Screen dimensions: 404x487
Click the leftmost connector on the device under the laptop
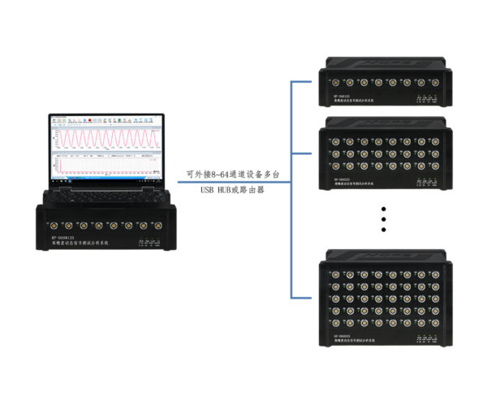52,225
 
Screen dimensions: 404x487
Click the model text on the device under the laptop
65,239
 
